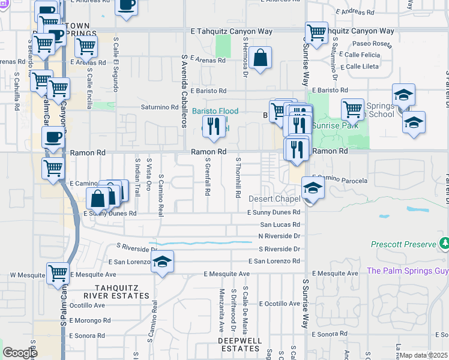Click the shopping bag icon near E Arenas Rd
point(262,59)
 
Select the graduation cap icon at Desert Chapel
point(313,188)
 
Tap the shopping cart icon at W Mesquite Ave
point(58,273)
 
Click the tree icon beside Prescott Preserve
point(444,244)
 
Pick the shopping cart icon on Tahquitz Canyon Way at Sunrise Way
point(316,32)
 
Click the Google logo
point(20,353)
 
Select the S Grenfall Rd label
point(208,178)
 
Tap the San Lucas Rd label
point(280,224)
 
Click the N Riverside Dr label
point(279,236)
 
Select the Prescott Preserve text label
point(405,245)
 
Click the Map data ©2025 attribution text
point(423,355)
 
